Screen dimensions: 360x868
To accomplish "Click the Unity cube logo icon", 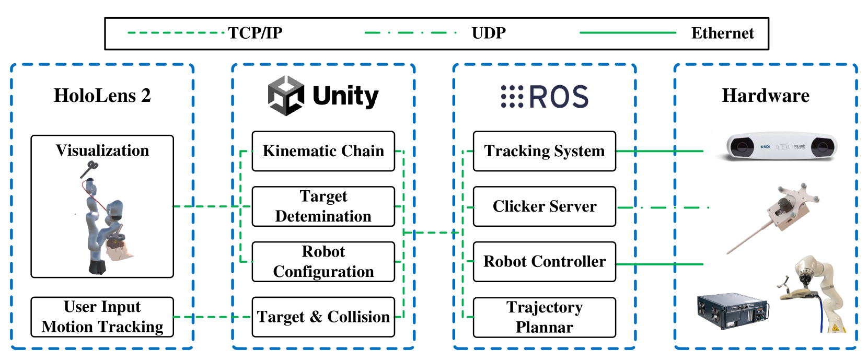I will pyautogui.click(x=286, y=96).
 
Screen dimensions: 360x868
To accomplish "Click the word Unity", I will pyautogui.click(x=345, y=96).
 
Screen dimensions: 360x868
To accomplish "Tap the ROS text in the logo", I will pyautogui.click(x=558, y=97).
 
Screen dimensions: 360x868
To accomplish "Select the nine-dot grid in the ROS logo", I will pyautogui.click(x=512, y=96).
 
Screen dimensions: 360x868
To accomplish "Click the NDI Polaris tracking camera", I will pyautogui.click(x=781, y=146).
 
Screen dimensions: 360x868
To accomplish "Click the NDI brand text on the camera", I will pyautogui.click(x=766, y=147).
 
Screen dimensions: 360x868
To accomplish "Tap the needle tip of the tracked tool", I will pyautogui.click(x=728, y=254).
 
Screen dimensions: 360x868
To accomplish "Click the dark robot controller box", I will pyautogui.click(x=733, y=311).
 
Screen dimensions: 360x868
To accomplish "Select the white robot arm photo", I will pyautogui.click(x=811, y=293).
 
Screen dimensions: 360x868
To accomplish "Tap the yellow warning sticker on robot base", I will pyautogui.click(x=835, y=328).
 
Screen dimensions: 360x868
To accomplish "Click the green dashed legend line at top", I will pyautogui.click(x=176, y=33).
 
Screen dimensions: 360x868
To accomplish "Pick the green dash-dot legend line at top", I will pyautogui.click(x=410, y=33).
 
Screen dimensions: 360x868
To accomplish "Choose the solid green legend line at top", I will pyautogui.click(x=628, y=33).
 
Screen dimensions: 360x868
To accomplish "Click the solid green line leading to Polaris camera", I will pyautogui.click(x=659, y=151).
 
